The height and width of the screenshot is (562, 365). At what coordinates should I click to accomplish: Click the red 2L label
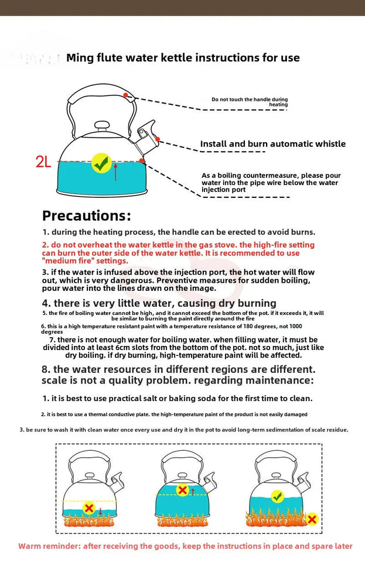point(43,162)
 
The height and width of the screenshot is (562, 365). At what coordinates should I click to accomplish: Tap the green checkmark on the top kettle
point(102,163)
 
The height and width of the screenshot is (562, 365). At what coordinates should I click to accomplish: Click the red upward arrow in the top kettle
point(115,172)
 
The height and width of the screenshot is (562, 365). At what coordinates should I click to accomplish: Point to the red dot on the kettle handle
point(125,94)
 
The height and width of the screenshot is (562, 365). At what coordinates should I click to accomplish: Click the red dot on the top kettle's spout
point(158,139)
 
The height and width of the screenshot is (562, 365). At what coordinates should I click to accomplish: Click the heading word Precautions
point(87,215)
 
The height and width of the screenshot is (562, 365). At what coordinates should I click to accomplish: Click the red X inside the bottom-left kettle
point(89,508)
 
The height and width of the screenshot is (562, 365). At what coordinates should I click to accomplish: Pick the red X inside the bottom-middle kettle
point(182,490)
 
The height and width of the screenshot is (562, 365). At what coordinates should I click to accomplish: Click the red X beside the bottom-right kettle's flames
point(312,519)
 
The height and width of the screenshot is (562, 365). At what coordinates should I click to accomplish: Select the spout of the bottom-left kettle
point(118,482)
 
